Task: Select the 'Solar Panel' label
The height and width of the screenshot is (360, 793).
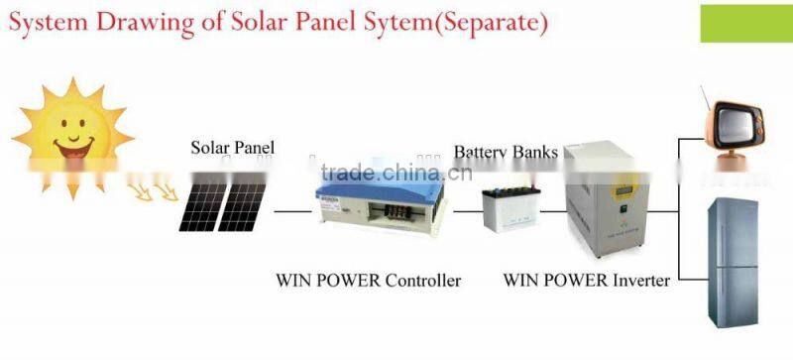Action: point(233,148)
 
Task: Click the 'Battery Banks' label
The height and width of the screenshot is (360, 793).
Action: point(506,153)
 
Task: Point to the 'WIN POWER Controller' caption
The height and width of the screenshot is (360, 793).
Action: point(368,281)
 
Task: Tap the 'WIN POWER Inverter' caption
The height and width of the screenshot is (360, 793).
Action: point(586,281)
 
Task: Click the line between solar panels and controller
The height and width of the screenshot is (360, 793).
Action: point(292,211)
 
